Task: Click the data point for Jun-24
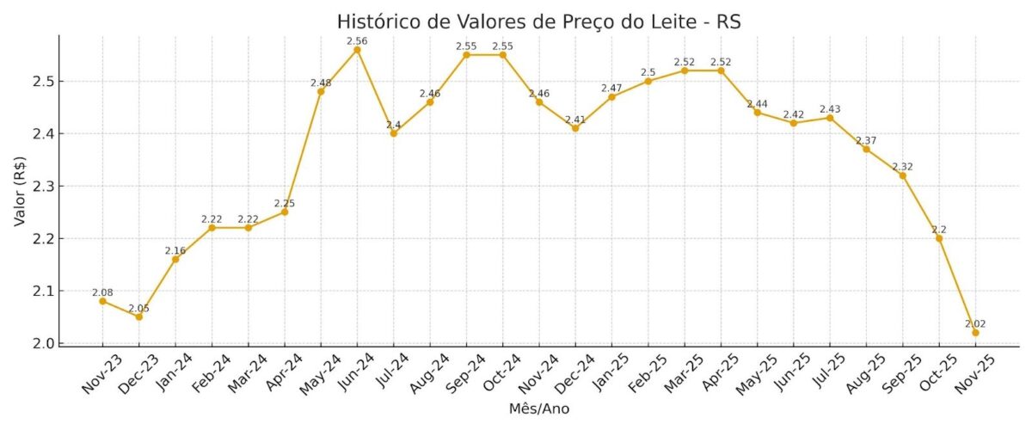click(x=357, y=50)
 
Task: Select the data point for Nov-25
click(x=975, y=333)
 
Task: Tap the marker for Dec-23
click(x=138, y=316)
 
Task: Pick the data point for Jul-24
click(x=393, y=133)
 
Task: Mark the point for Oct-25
click(x=939, y=238)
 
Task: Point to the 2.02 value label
click(x=975, y=323)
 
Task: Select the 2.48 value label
click(x=321, y=83)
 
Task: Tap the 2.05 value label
click(x=138, y=308)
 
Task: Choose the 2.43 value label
click(x=830, y=108)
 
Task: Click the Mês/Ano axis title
click(x=538, y=409)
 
